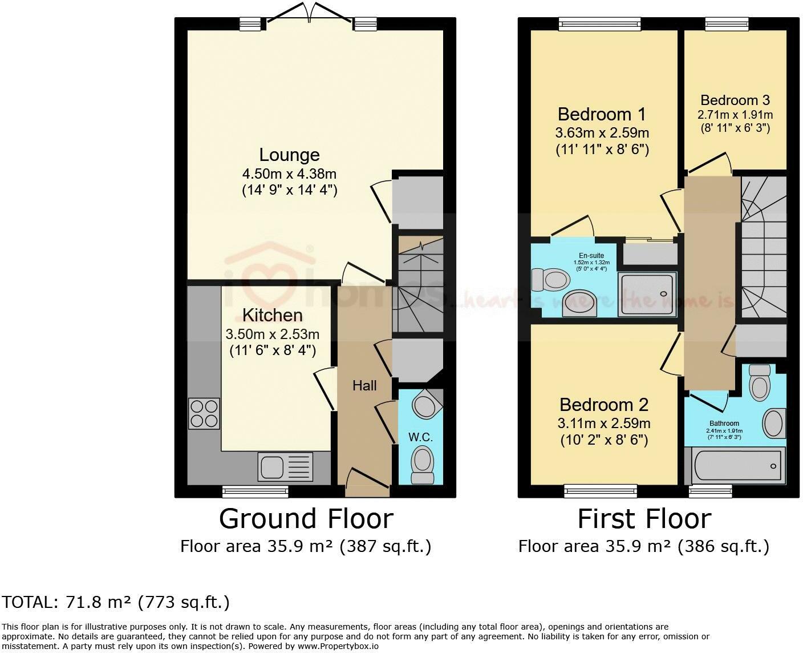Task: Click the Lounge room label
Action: click(x=289, y=155)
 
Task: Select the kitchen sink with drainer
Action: click(x=286, y=466)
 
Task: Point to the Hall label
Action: click(x=364, y=386)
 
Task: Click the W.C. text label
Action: click(x=420, y=437)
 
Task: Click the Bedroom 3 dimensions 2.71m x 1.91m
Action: click(x=735, y=114)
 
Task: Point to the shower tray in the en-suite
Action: click(x=647, y=294)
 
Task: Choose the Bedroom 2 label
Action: click(x=604, y=405)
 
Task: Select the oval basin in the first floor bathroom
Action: click(x=773, y=424)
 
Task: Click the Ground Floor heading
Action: click(x=306, y=519)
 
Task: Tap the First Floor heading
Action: click(x=644, y=519)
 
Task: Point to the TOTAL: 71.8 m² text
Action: click(x=115, y=602)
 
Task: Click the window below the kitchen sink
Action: click(x=246, y=490)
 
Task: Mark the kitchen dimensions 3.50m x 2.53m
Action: click(x=273, y=334)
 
